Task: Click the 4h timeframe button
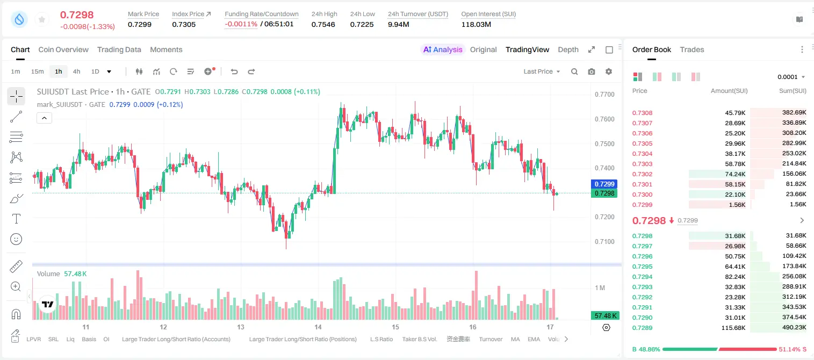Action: (76, 71)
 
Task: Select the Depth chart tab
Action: (568, 50)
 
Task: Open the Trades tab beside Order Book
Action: (692, 50)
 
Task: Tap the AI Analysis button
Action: (443, 50)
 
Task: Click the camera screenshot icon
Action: (592, 71)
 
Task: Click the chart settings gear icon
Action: (609, 71)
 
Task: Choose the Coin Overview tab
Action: (63, 50)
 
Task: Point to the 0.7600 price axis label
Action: (604, 119)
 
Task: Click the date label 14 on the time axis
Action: (318, 327)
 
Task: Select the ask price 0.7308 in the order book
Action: (642, 113)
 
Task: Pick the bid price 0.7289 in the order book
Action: (642, 328)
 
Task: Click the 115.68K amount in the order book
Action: (733, 328)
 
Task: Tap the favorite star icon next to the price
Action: (42, 19)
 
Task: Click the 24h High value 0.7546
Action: (323, 24)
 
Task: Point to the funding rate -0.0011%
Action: (241, 24)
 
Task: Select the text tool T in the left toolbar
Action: (16, 219)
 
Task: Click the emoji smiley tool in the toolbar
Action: (16, 239)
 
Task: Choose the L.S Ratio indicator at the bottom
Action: (381, 339)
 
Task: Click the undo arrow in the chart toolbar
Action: (234, 71)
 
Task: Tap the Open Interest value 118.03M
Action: (476, 24)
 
